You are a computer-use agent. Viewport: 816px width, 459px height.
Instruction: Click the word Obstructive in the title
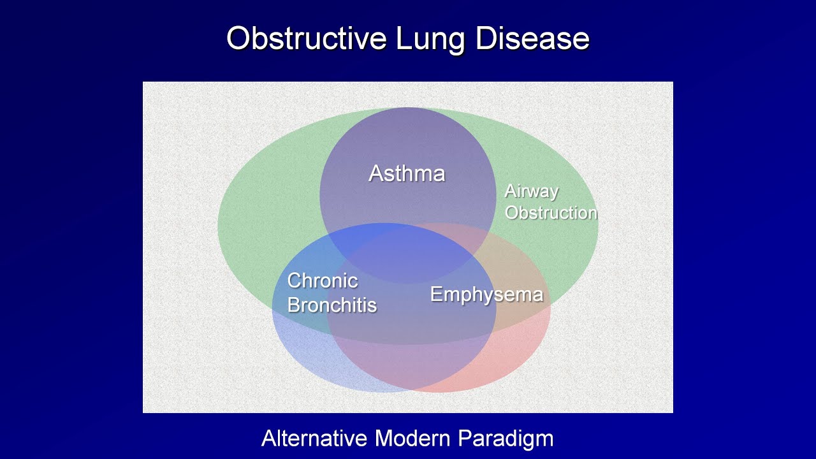point(307,38)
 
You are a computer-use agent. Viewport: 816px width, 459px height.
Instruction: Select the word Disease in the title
point(532,38)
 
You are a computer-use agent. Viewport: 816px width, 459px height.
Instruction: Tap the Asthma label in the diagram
point(407,173)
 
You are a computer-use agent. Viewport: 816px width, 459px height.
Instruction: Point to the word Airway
point(531,191)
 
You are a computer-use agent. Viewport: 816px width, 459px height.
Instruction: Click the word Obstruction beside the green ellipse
point(551,212)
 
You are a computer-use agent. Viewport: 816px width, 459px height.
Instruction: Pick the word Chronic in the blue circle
point(322,280)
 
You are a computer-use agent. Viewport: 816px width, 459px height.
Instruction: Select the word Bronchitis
point(331,305)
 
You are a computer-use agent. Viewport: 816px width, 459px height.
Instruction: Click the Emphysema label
point(486,294)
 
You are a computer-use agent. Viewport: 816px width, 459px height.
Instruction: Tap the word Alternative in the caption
point(314,438)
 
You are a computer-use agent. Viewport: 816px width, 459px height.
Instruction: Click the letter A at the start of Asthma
point(376,173)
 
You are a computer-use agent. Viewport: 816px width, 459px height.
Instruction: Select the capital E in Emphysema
point(436,294)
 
